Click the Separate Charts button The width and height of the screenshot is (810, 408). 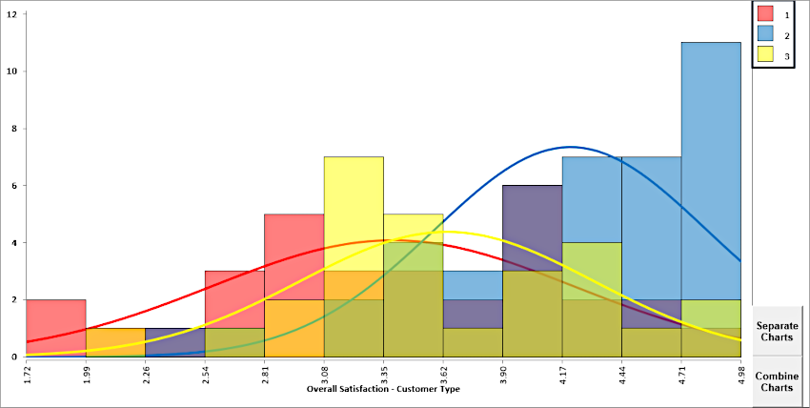click(x=777, y=331)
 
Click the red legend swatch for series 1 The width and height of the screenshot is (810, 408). click(x=765, y=13)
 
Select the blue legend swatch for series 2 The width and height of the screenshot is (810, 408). click(x=765, y=34)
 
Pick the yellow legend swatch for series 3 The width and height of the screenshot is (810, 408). click(x=765, y=56)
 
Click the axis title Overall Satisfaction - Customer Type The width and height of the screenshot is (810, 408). click(x=383, y=391)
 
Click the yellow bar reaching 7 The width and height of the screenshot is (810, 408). click(x=354, y=210)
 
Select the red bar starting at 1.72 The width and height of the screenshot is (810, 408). click(x=56, y=328)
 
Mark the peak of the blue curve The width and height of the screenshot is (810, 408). click(x=570, y=147)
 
